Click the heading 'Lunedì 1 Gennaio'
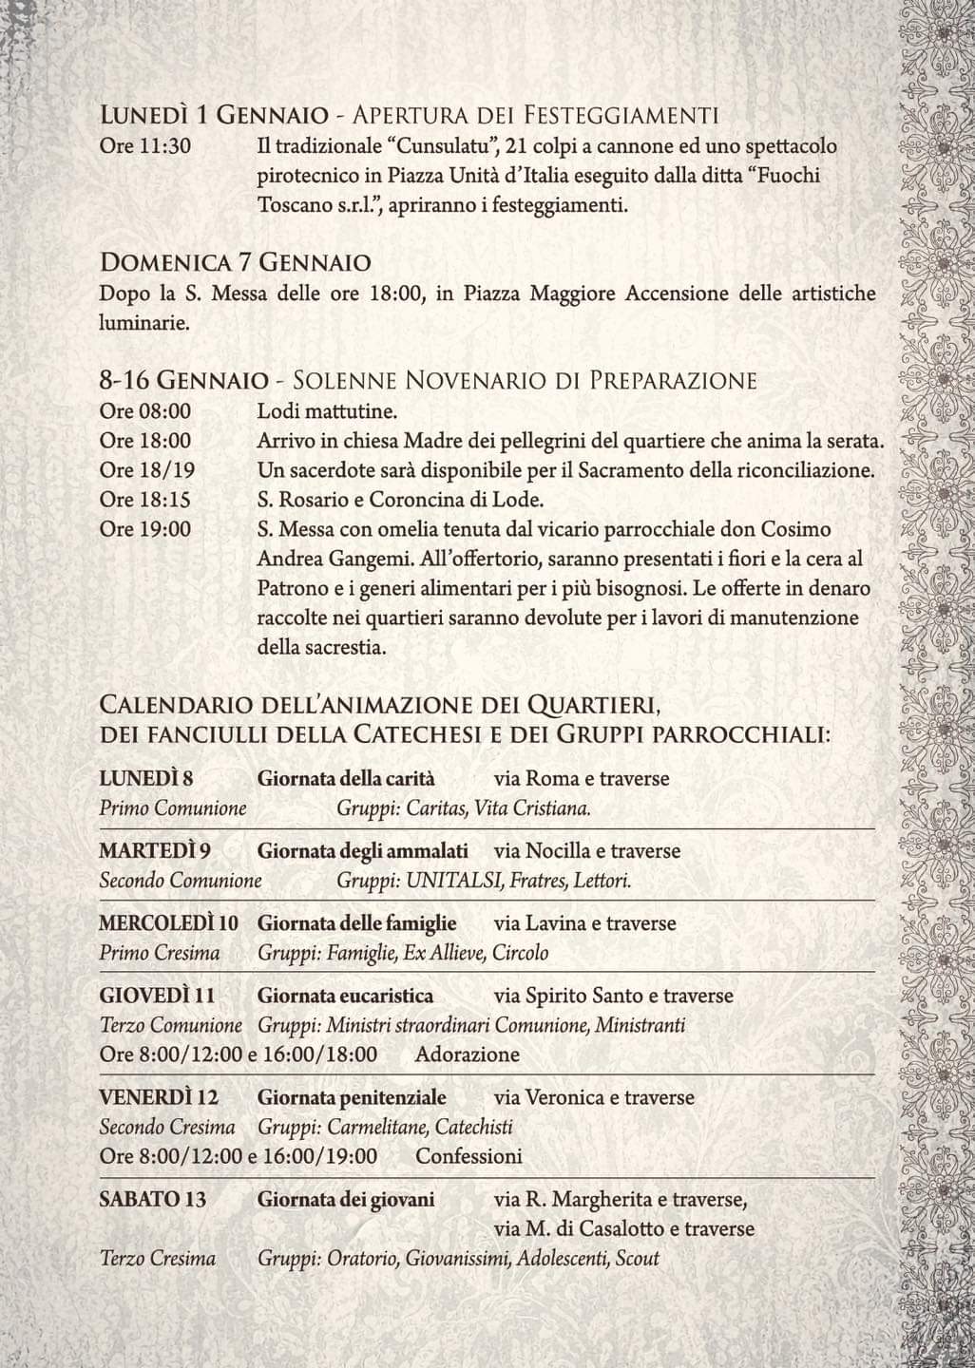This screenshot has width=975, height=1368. point(209,116)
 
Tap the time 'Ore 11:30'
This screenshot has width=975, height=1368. point(145,147)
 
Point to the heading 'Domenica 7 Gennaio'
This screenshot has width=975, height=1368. point(235,262)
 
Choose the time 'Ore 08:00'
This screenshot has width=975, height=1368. point(145,411)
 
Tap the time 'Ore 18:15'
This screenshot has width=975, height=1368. point(145,500)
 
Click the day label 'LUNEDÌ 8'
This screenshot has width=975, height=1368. point(146,779)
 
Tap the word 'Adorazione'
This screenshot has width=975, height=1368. point(468,1054)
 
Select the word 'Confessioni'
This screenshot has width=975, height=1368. point(469,1156)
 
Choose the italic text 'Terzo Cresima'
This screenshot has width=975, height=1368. point(158,1259)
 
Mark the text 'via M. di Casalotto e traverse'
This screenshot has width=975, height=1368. point(624,1228)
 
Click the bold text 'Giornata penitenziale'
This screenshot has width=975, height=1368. point(352,1097)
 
